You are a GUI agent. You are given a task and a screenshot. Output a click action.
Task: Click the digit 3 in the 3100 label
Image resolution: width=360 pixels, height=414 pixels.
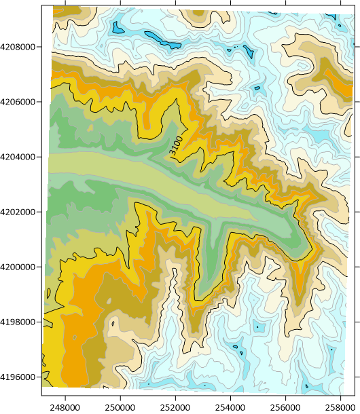(174, 153)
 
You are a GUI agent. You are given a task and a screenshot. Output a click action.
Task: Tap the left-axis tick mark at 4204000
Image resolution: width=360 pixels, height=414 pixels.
(43, 157)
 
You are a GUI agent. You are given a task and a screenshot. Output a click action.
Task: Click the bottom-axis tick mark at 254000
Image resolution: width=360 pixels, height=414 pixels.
(231, 394)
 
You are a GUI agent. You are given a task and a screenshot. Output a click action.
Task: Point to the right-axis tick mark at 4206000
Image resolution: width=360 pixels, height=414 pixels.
(355, 102)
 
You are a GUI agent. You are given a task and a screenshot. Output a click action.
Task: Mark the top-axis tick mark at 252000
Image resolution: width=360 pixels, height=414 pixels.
(176, 5)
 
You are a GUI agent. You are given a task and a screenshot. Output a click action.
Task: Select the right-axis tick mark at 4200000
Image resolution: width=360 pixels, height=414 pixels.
(355, 267)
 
